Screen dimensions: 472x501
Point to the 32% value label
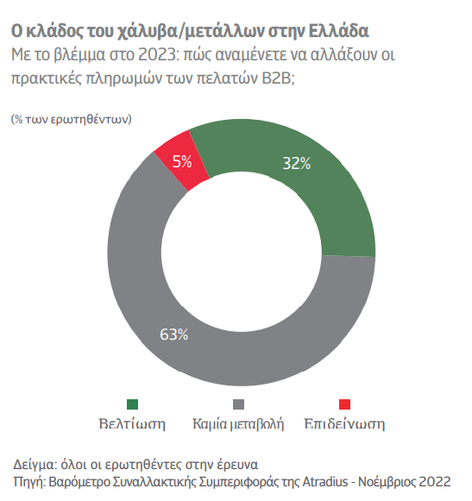[x=297, y=163]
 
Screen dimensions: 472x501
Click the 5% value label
[x=182, y=161]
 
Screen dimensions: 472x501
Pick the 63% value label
[x=174, y=335]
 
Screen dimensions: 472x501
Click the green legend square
[x=132, y=404]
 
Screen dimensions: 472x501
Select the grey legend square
[x=238, y=404]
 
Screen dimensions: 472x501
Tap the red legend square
[x=345, y=404]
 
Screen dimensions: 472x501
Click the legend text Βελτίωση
[x=132, y=424]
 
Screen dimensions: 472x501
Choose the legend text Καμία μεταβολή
[x=238, y=424]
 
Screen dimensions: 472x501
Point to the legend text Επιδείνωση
[x=345, y=424]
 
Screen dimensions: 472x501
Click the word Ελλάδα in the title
[x=338, y=31]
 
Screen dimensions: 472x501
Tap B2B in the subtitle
[x=276, y=78]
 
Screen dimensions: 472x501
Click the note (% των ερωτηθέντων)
[x=72, y=119]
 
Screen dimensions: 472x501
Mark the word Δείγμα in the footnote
[x=35, y=465]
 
